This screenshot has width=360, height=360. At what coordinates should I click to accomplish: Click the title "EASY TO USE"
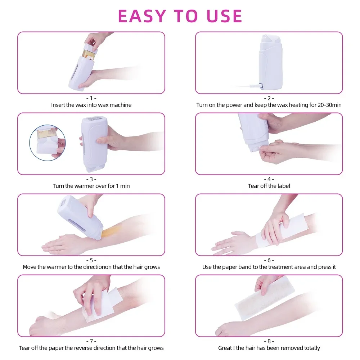(180, 16)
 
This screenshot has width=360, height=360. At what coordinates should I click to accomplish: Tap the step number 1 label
(91, 98)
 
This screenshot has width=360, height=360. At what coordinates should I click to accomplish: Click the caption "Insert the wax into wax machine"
(91, 105)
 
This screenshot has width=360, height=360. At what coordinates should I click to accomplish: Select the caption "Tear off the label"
(269, 186)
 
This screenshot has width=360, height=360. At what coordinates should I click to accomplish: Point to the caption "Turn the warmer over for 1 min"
(91, 186)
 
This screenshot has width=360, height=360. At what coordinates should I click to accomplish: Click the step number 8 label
(269, 341)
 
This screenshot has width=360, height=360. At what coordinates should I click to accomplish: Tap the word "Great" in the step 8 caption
(225, 348)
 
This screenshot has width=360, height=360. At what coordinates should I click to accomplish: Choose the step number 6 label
(269, 260)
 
